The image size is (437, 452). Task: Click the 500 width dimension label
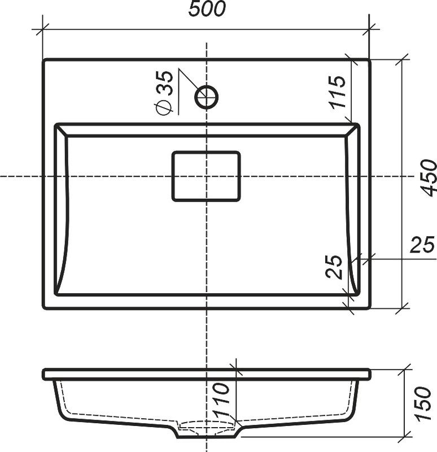click(207, 8)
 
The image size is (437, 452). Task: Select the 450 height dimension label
click(429, 178)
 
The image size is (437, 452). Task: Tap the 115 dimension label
click(338, 92)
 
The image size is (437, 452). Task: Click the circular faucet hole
click(207, 97)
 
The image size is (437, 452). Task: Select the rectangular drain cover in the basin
click(206, 176)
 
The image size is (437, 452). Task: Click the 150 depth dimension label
click(422, 403)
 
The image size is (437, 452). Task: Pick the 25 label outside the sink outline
click(422, 245)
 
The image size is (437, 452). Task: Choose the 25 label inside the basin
click(334, 267)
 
